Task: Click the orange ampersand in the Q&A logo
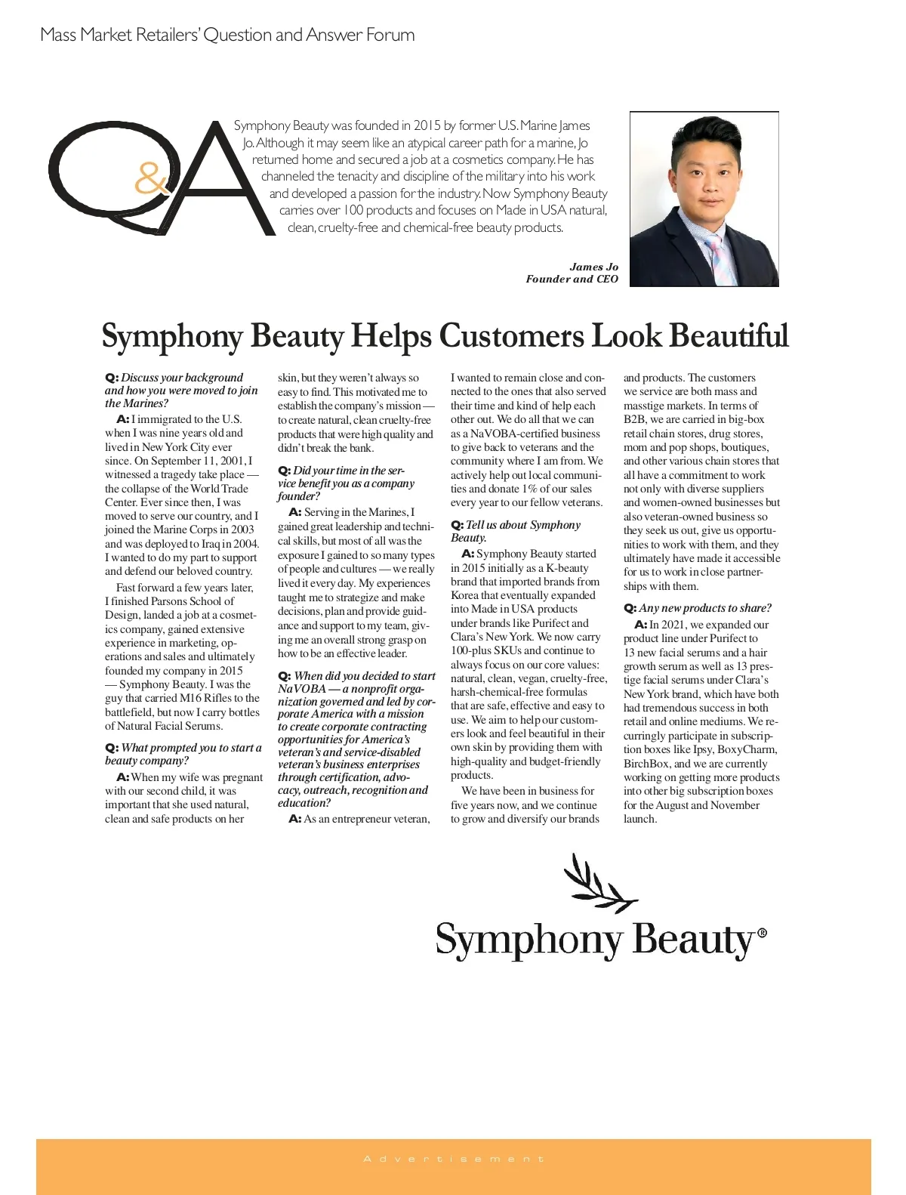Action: pos(152,179)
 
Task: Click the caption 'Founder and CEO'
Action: pos(572,279)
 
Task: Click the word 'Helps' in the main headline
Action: pos(391,336)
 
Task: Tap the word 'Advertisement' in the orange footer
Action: pos(453,1159)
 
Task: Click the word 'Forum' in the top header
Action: pos(390,35)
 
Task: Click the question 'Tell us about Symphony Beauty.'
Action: pos(516,531)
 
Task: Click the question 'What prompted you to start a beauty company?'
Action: pos(183,754)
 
